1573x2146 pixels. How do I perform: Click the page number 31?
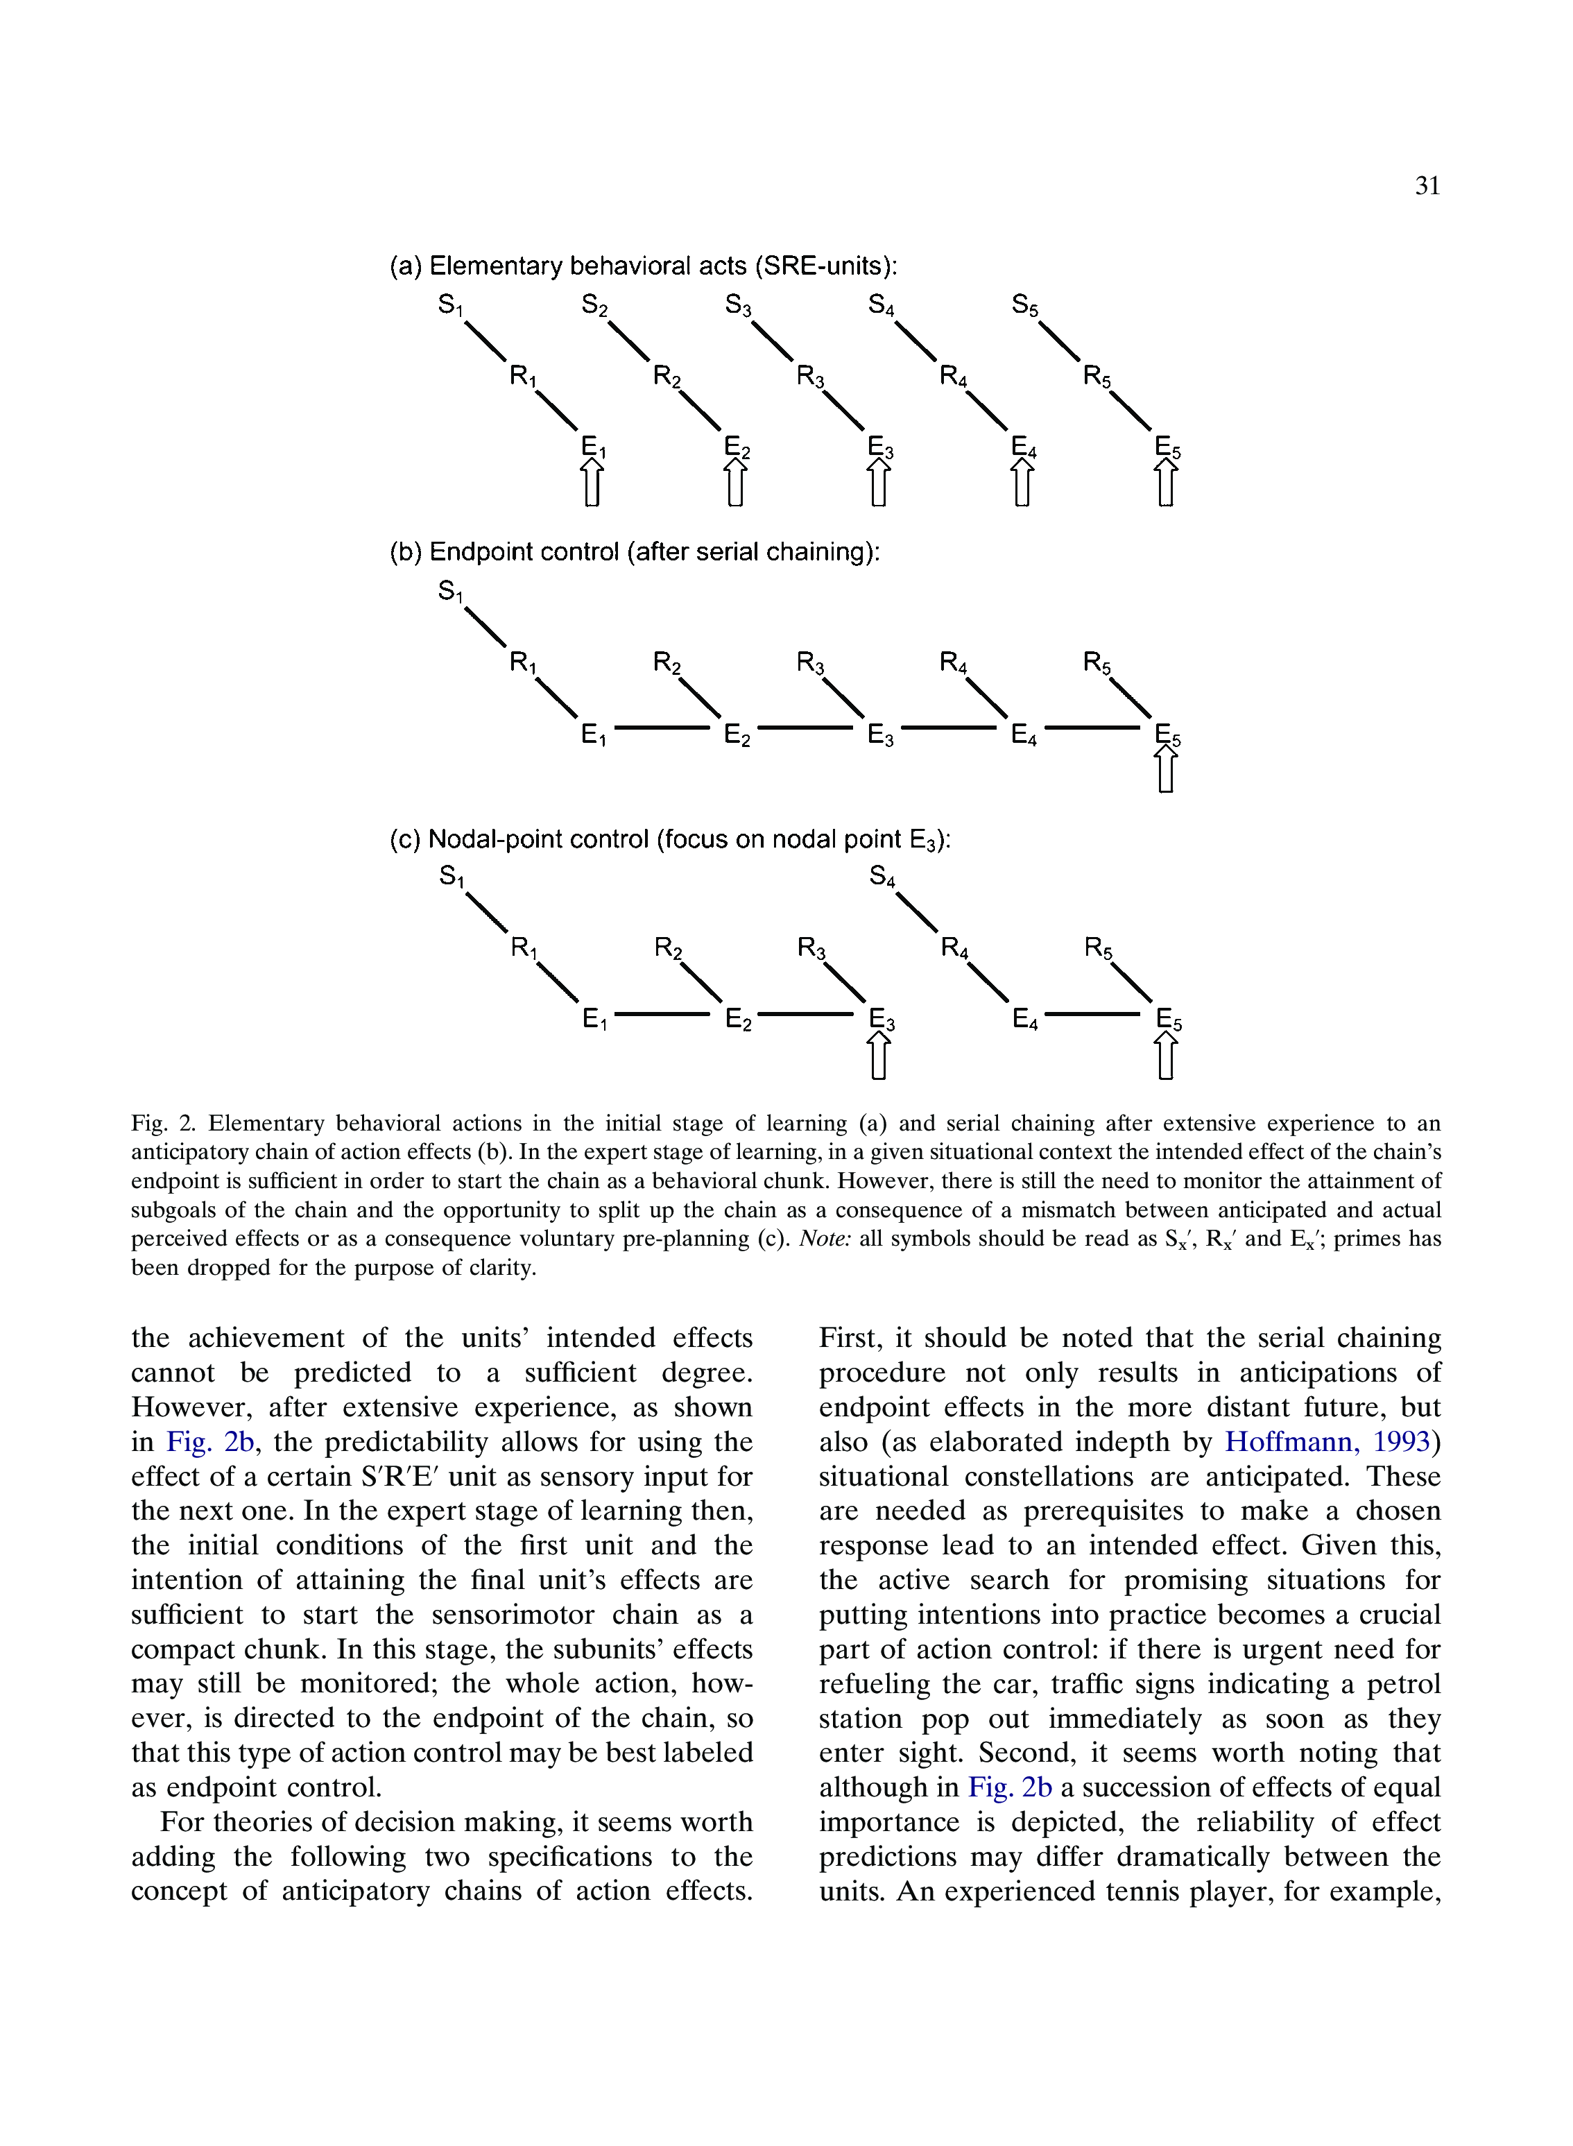click(1427, 186)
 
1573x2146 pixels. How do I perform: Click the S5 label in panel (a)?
click(1024, 306)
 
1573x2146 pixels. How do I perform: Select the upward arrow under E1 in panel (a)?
click(592, 483)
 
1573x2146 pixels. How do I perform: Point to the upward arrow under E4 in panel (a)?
click(1022, 483)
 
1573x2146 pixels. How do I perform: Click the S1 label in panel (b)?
click(450, 592)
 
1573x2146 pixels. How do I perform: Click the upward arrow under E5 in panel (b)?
click(1165, 769)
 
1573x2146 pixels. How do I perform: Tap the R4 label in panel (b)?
click(953, 662)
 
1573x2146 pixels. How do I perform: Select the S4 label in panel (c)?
click(882, 877)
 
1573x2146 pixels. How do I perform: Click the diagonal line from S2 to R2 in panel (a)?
click(628, 342)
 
